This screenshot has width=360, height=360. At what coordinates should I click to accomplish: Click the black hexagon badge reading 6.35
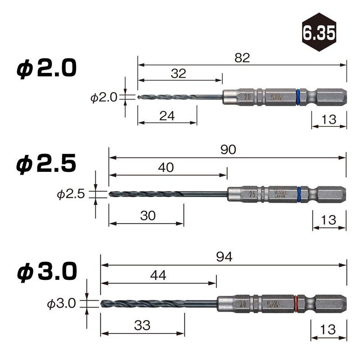pos(319,32)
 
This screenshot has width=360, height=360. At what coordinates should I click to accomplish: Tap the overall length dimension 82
pos(242,58)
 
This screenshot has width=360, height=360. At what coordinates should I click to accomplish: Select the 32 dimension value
pos(179,74)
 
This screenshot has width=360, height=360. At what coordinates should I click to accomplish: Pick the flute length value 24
pos(167,116)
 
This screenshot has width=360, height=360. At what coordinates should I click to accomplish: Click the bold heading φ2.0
pos(47,69)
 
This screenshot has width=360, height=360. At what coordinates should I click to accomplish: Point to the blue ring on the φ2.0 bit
pos(298,97)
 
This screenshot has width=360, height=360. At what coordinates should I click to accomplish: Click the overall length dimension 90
pos(229,150)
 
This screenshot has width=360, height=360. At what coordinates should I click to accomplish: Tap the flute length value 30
pos(148,216)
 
